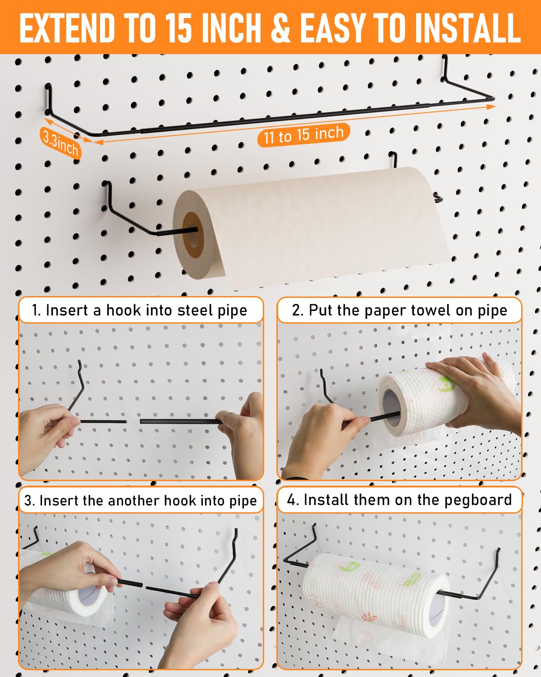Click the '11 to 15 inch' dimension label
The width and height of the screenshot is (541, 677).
(303, 135)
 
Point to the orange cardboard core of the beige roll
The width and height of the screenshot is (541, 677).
(193, 235)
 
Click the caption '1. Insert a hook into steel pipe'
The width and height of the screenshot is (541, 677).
(140, 311)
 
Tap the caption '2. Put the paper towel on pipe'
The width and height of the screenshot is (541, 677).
(399, 311)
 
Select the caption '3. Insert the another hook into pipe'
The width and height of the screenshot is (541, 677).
(140, 501)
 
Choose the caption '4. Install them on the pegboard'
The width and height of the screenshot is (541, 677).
(399, 500)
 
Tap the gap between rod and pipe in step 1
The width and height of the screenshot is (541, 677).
(133, 422)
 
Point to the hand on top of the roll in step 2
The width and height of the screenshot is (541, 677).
(473, 384)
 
